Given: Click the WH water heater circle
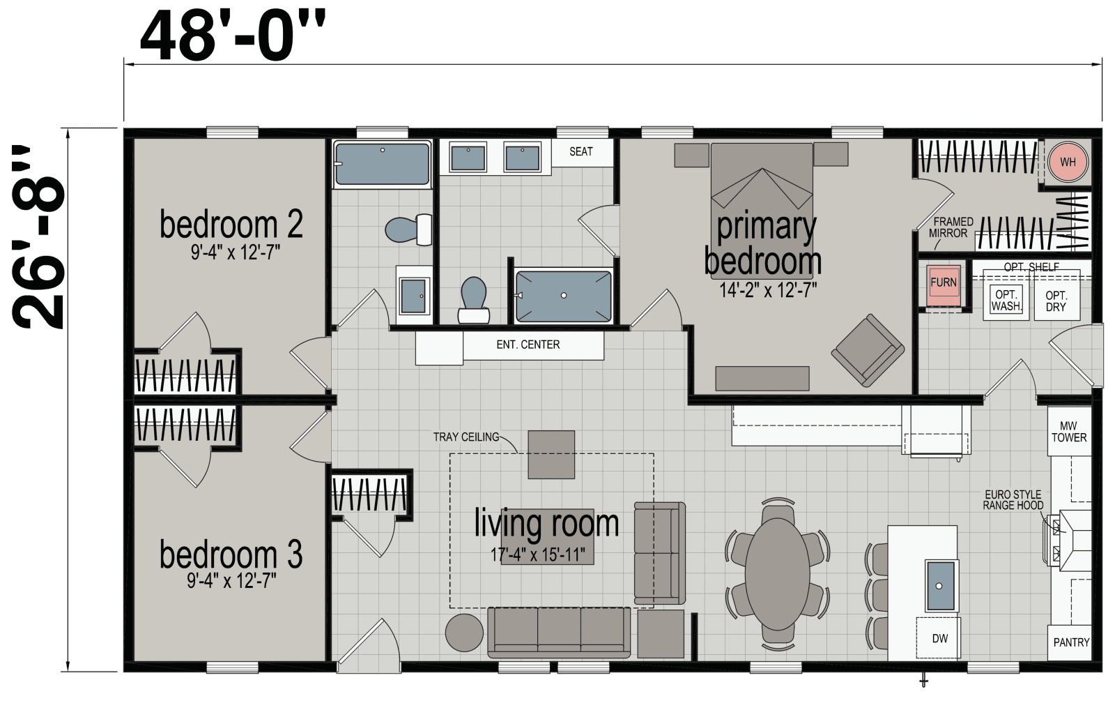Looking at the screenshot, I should pos(1068,162).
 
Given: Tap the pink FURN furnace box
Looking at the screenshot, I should pos(943,282).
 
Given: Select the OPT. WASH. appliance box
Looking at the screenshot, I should pos(1006,300).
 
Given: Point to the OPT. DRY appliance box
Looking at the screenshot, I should pos(1056,301).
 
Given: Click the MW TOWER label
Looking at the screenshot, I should pos(1068,432).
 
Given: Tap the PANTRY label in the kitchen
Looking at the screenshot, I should pos(1070,642).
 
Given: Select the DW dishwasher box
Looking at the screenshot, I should pos(939,638).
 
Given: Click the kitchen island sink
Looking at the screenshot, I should pos(939,584).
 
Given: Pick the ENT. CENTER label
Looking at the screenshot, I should pos(528,345).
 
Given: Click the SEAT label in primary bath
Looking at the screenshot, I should pos(580,151).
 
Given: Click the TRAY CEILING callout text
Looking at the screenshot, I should pos(466,437).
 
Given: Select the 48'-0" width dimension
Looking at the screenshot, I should pos(232,36).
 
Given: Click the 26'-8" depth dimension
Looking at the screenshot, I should pos(39,237).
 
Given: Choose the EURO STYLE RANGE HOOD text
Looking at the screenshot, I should pos(1013,499).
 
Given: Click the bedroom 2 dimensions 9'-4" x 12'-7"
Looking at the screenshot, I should pos(235,252).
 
